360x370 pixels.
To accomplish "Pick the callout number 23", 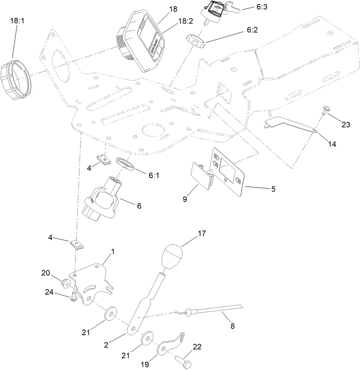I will click(x=345, y=125).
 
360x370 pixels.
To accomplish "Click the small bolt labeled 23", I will click(x=325, y=111).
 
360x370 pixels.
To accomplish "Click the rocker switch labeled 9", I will click(x=202, y=176).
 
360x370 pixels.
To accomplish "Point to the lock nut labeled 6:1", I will click(x=125, y=163).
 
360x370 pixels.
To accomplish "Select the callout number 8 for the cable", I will click(x=232, y=326).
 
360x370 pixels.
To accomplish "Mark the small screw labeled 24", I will click(x=73, y=296).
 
